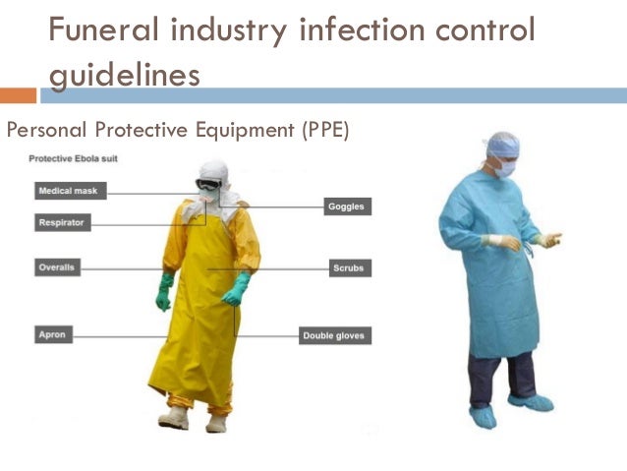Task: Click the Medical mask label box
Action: (x=70, y=190)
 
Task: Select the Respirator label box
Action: (x=62, y=223)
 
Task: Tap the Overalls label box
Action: (x=60, y=266)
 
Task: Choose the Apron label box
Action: (x=53, y=334)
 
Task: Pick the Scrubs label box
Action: (x=349, y=267)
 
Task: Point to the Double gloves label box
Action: (x=336, y=336)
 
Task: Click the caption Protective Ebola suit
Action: (x=75, y=159)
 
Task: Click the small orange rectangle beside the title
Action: (x=18, y=95)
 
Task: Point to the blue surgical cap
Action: (x=503, y=146)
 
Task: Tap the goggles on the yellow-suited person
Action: (x=208, y=183)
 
